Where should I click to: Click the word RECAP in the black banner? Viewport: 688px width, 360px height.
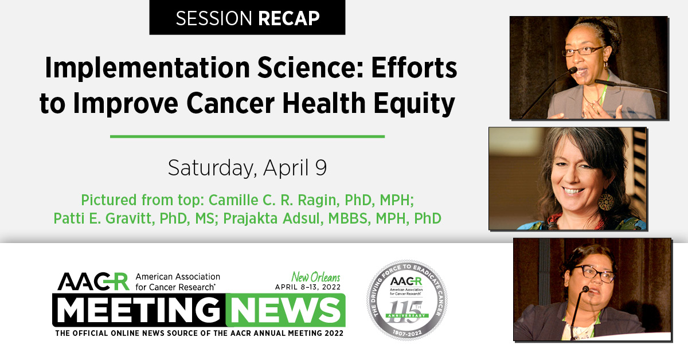coord(288,18)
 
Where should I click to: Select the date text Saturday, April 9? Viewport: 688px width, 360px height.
coord(247,167)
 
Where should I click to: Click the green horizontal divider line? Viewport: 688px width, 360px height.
coord(247,136)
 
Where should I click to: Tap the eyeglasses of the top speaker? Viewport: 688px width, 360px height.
coord(583,50)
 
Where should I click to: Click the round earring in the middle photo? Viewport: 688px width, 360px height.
coord(605,201)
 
